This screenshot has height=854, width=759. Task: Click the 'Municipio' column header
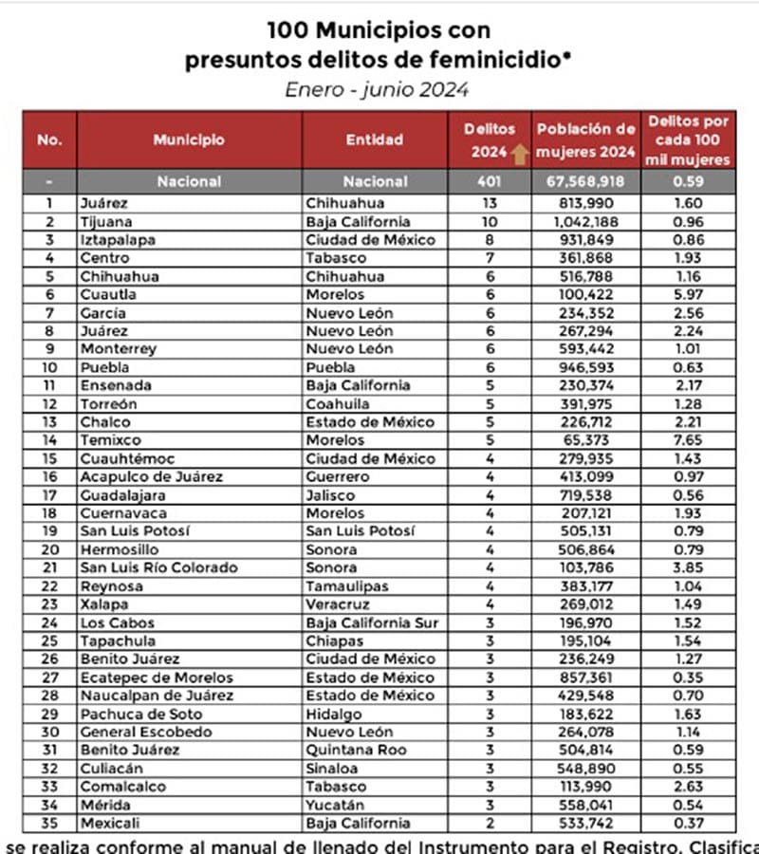pos(189,139)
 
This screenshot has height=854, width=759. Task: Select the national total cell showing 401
pos(489,181)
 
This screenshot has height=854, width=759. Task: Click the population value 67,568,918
pos(585,181)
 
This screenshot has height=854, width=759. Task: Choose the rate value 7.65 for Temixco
pos(689,440)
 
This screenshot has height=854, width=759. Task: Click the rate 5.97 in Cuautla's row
pos(689,294)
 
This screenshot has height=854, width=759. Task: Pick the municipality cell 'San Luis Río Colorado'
pos(159,567)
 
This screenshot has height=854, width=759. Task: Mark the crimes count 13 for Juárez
pos(489,203)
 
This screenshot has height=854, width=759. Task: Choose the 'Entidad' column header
pos(375,139)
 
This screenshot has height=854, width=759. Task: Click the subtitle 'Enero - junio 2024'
pos(378,90)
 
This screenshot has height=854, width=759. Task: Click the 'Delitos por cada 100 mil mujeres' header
pos(689,139)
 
